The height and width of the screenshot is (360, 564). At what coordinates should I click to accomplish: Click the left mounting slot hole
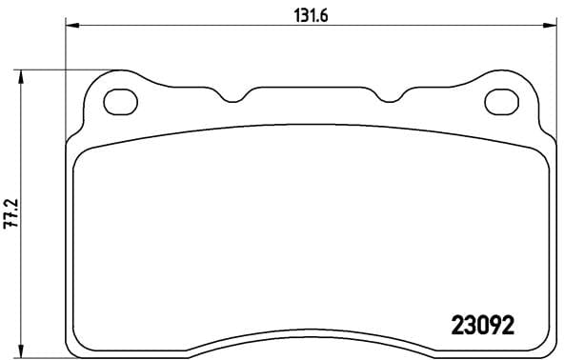(x=121, y=101)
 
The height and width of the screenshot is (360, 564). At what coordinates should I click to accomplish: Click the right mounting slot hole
(x=501, y=101)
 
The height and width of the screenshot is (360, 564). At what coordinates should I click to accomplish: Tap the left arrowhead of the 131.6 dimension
(x=70, y=27)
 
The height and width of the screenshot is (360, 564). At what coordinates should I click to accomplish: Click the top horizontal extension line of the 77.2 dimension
(x=67, y=69)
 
